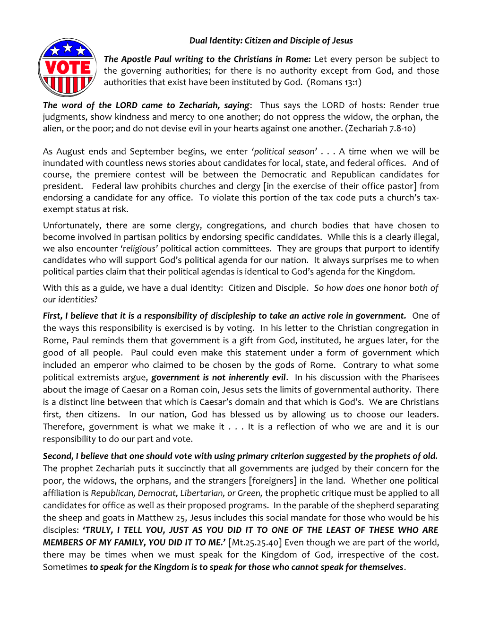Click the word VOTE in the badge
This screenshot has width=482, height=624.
click(x=68, y=68)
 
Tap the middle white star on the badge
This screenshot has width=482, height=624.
click(x=68, y=47)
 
